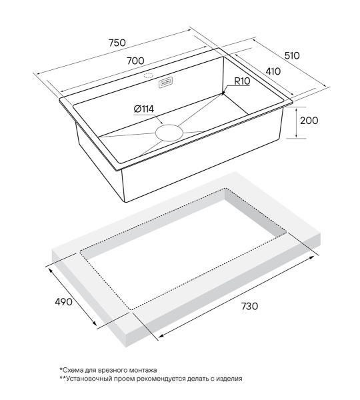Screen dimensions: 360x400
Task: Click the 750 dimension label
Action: coord(117,43)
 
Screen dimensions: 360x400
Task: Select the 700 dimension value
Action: coord(135,61)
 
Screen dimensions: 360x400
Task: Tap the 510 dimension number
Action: coord(292,55)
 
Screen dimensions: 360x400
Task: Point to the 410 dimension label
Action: coord(273,71)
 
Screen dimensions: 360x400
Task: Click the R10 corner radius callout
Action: coord(242,81)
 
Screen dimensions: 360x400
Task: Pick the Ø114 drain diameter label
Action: coord(143,109)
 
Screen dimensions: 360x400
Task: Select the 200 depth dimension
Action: coord(309,121)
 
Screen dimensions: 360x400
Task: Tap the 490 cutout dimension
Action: coord(63,302)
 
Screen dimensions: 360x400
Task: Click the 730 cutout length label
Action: coord(249,306)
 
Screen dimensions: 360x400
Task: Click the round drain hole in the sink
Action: coord(169,133)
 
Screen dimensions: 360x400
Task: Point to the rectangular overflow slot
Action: coord(166,83)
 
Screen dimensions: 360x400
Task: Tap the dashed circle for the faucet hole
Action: coord(148,76)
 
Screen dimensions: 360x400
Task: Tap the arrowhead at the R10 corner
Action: coord(224,93)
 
